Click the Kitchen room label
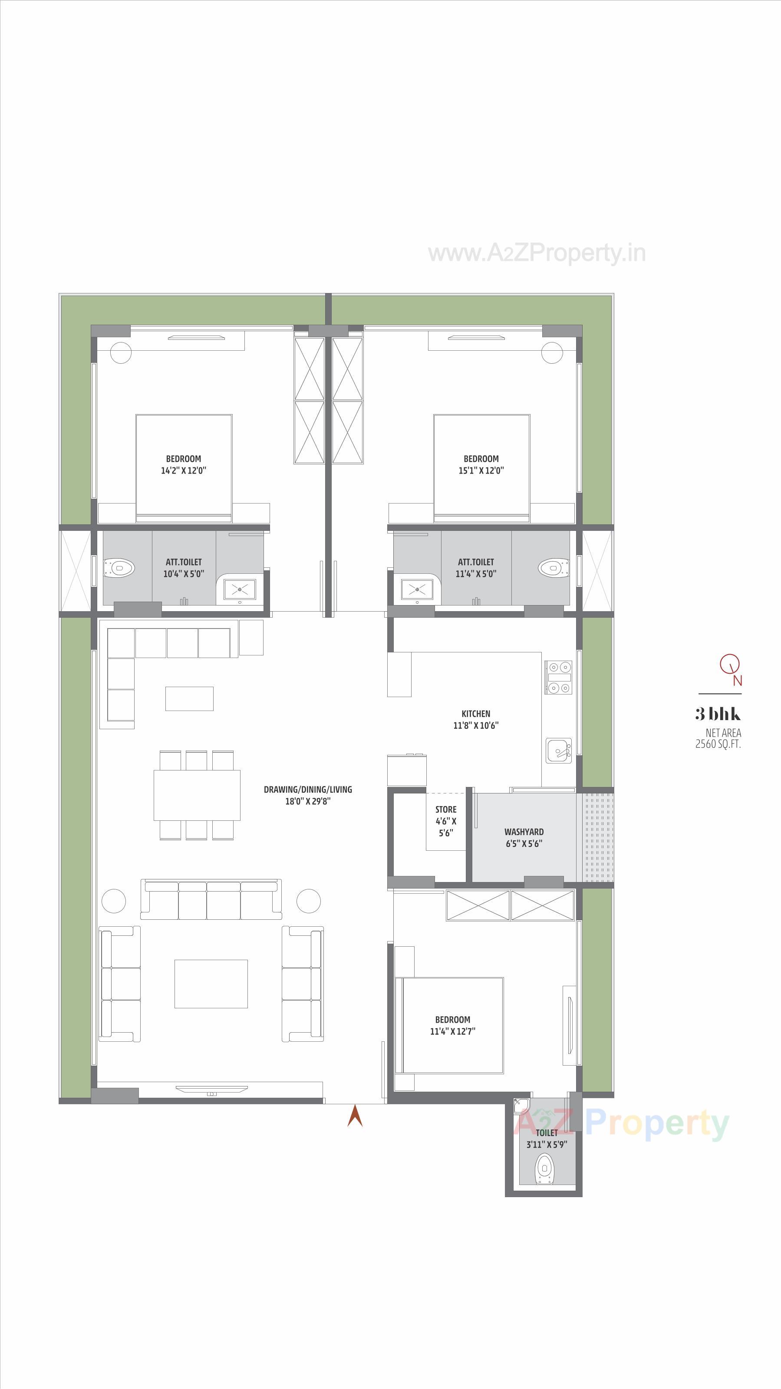475,713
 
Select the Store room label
445,810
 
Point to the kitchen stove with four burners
558,677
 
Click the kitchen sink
558,750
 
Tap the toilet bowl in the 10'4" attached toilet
120,568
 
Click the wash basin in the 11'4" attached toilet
416,589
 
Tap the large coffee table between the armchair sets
211,984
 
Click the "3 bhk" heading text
718,714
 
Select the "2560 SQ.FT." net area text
718,744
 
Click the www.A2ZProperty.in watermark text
537,253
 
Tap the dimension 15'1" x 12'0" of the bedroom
481,470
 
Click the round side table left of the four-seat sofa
113,900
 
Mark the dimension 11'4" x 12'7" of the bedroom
452,1031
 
